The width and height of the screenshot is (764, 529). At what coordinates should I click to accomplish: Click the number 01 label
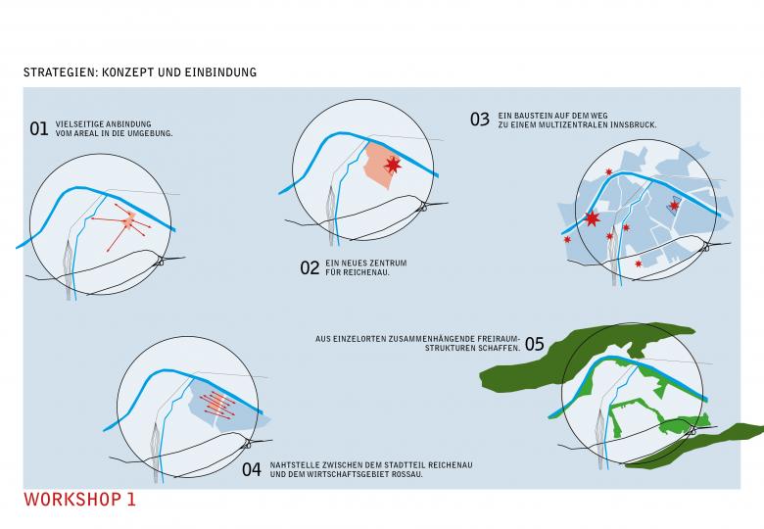pyautogui.click(x=39, y=128)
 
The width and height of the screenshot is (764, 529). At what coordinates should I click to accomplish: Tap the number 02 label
pyautogui.click(x=310, y=267)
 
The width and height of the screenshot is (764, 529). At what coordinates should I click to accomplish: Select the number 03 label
pyautogui.click(x=479, y=120)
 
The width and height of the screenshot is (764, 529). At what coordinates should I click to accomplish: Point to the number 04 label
pyautogui.click(x=252, y=469)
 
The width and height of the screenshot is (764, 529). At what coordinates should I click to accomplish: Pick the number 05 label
pyautogui.click(x=534, y=344)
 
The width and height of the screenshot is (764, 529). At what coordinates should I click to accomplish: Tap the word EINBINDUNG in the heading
pyautogui.click(x=226, y=72)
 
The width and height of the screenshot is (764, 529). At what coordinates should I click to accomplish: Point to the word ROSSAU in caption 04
pyautogui.click(x=407, y=474)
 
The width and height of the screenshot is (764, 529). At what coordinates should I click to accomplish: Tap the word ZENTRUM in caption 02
pyautogui.click(x=388, y=264)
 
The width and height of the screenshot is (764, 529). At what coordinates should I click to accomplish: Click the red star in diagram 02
pyautogui.click(x=393, y=165)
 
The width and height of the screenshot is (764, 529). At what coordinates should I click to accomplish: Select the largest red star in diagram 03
pyautogui.click(x=592, y=218)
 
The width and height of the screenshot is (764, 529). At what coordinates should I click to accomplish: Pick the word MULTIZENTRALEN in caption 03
pyautogui.click(x=579, y=125)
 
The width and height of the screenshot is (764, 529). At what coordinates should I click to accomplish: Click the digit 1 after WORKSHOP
pyautogui.click(x=131, y=500)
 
